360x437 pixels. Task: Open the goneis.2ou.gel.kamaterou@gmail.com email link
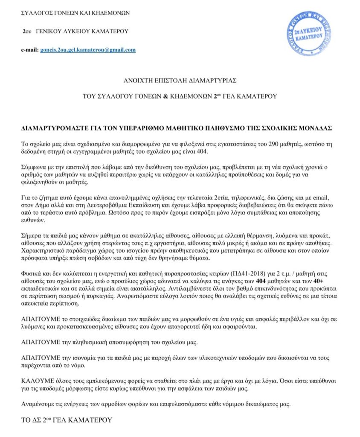[88, 50]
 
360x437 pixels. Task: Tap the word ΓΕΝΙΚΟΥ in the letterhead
[50, 32]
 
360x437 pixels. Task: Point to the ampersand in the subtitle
[165, 96]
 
